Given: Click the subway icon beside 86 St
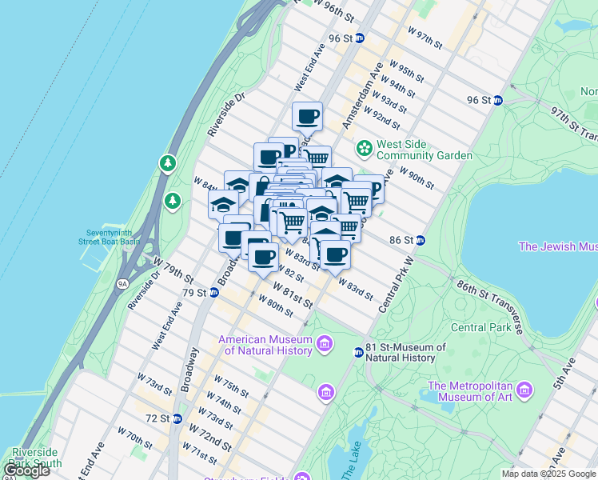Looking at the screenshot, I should pos(420,240).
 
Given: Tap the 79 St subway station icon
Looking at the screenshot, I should pos(214,293).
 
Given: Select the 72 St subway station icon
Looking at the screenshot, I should pos(177,418).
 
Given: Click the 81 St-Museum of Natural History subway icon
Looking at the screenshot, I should pos(359,352).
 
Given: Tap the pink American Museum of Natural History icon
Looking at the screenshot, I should pos(325,345).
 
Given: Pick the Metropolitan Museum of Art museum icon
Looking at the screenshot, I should pos(524,390).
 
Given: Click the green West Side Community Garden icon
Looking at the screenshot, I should pos(365,148).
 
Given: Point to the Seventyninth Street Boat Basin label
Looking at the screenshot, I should pos(109,236).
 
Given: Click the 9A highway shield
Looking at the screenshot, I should pos(122,283).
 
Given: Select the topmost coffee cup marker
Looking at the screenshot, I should pos(307,117).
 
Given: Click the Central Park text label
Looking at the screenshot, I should pos(480,327).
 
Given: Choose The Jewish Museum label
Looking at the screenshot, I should pos(558,246).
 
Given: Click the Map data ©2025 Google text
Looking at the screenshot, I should pos(548,474).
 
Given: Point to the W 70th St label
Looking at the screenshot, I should pos(134,440).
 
